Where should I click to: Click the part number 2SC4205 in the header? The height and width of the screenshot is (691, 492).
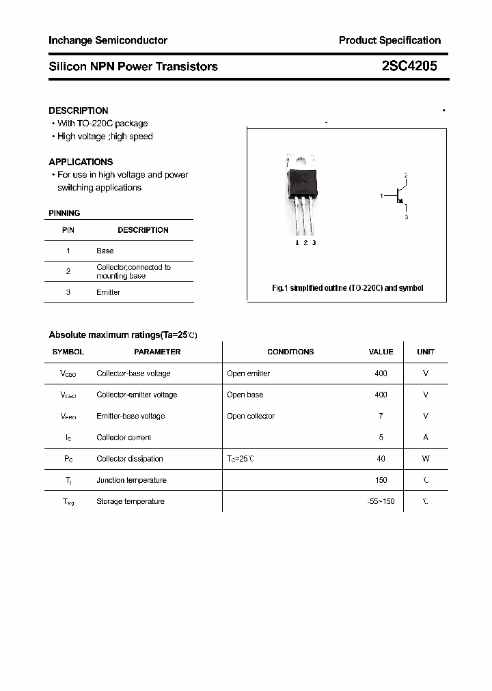(409, 66)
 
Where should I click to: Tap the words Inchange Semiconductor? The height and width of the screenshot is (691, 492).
(108, 40)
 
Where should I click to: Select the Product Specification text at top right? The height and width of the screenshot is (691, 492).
(389, 40)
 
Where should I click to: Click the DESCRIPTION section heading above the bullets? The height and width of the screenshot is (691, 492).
(78, 111)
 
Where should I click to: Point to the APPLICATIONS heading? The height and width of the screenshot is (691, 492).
(81, 162)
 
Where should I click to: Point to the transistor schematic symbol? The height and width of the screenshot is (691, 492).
(400, 197)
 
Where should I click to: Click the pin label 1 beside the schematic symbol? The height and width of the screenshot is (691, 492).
(381, 196)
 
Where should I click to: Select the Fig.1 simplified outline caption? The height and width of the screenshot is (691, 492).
(347, 288)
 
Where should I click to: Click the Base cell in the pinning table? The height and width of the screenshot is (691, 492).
(105, 251)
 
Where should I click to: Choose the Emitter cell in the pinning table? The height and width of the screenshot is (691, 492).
(108, 292)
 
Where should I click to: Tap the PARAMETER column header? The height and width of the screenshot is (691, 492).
(157, 352)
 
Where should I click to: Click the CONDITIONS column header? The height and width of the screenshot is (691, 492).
(290, 352)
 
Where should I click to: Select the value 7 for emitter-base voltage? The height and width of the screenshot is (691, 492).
(381, 416)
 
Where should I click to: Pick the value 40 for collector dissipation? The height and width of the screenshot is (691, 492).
(381, 459)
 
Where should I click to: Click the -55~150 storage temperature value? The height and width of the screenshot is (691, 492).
(381, 501)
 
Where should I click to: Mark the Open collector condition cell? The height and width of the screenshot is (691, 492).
(251, 416)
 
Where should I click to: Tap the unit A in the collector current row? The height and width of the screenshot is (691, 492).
(426, 437)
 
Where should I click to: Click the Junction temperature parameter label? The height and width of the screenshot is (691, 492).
(131, 480)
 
